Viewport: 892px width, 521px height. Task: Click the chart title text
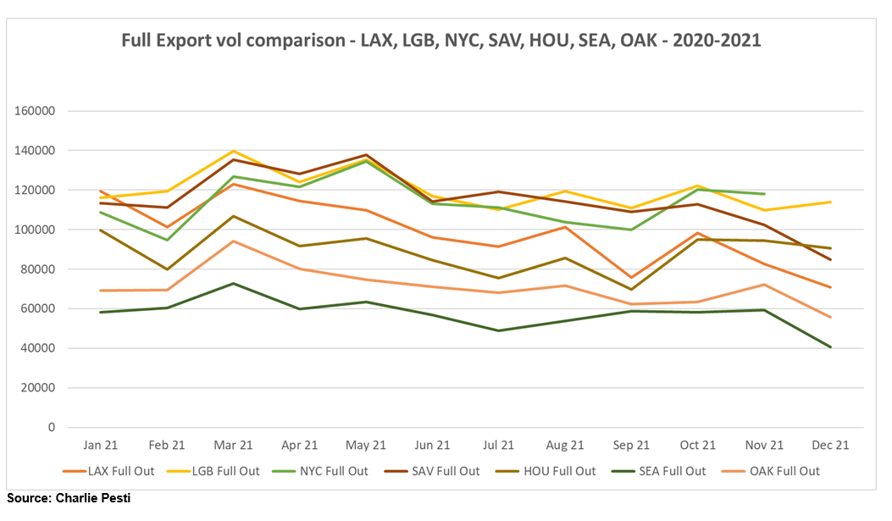[x=440, y=40]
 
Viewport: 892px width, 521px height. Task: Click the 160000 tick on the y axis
[x=38, y=111]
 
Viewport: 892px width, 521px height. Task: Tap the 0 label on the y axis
[x=53, y=428]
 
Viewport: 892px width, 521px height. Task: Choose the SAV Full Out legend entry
[x=448, y=471]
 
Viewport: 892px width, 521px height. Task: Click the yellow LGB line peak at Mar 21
[x=234, y=151]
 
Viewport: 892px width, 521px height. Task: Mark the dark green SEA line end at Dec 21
[x=830, y=347]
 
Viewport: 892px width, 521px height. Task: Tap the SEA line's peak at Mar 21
[x=234, y=283]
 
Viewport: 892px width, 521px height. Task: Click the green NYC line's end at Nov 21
[x=764, y=194]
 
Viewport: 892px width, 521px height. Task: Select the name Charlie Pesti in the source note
[x=94, y=497]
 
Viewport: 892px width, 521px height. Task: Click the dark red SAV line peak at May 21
[x=367, y=155]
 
